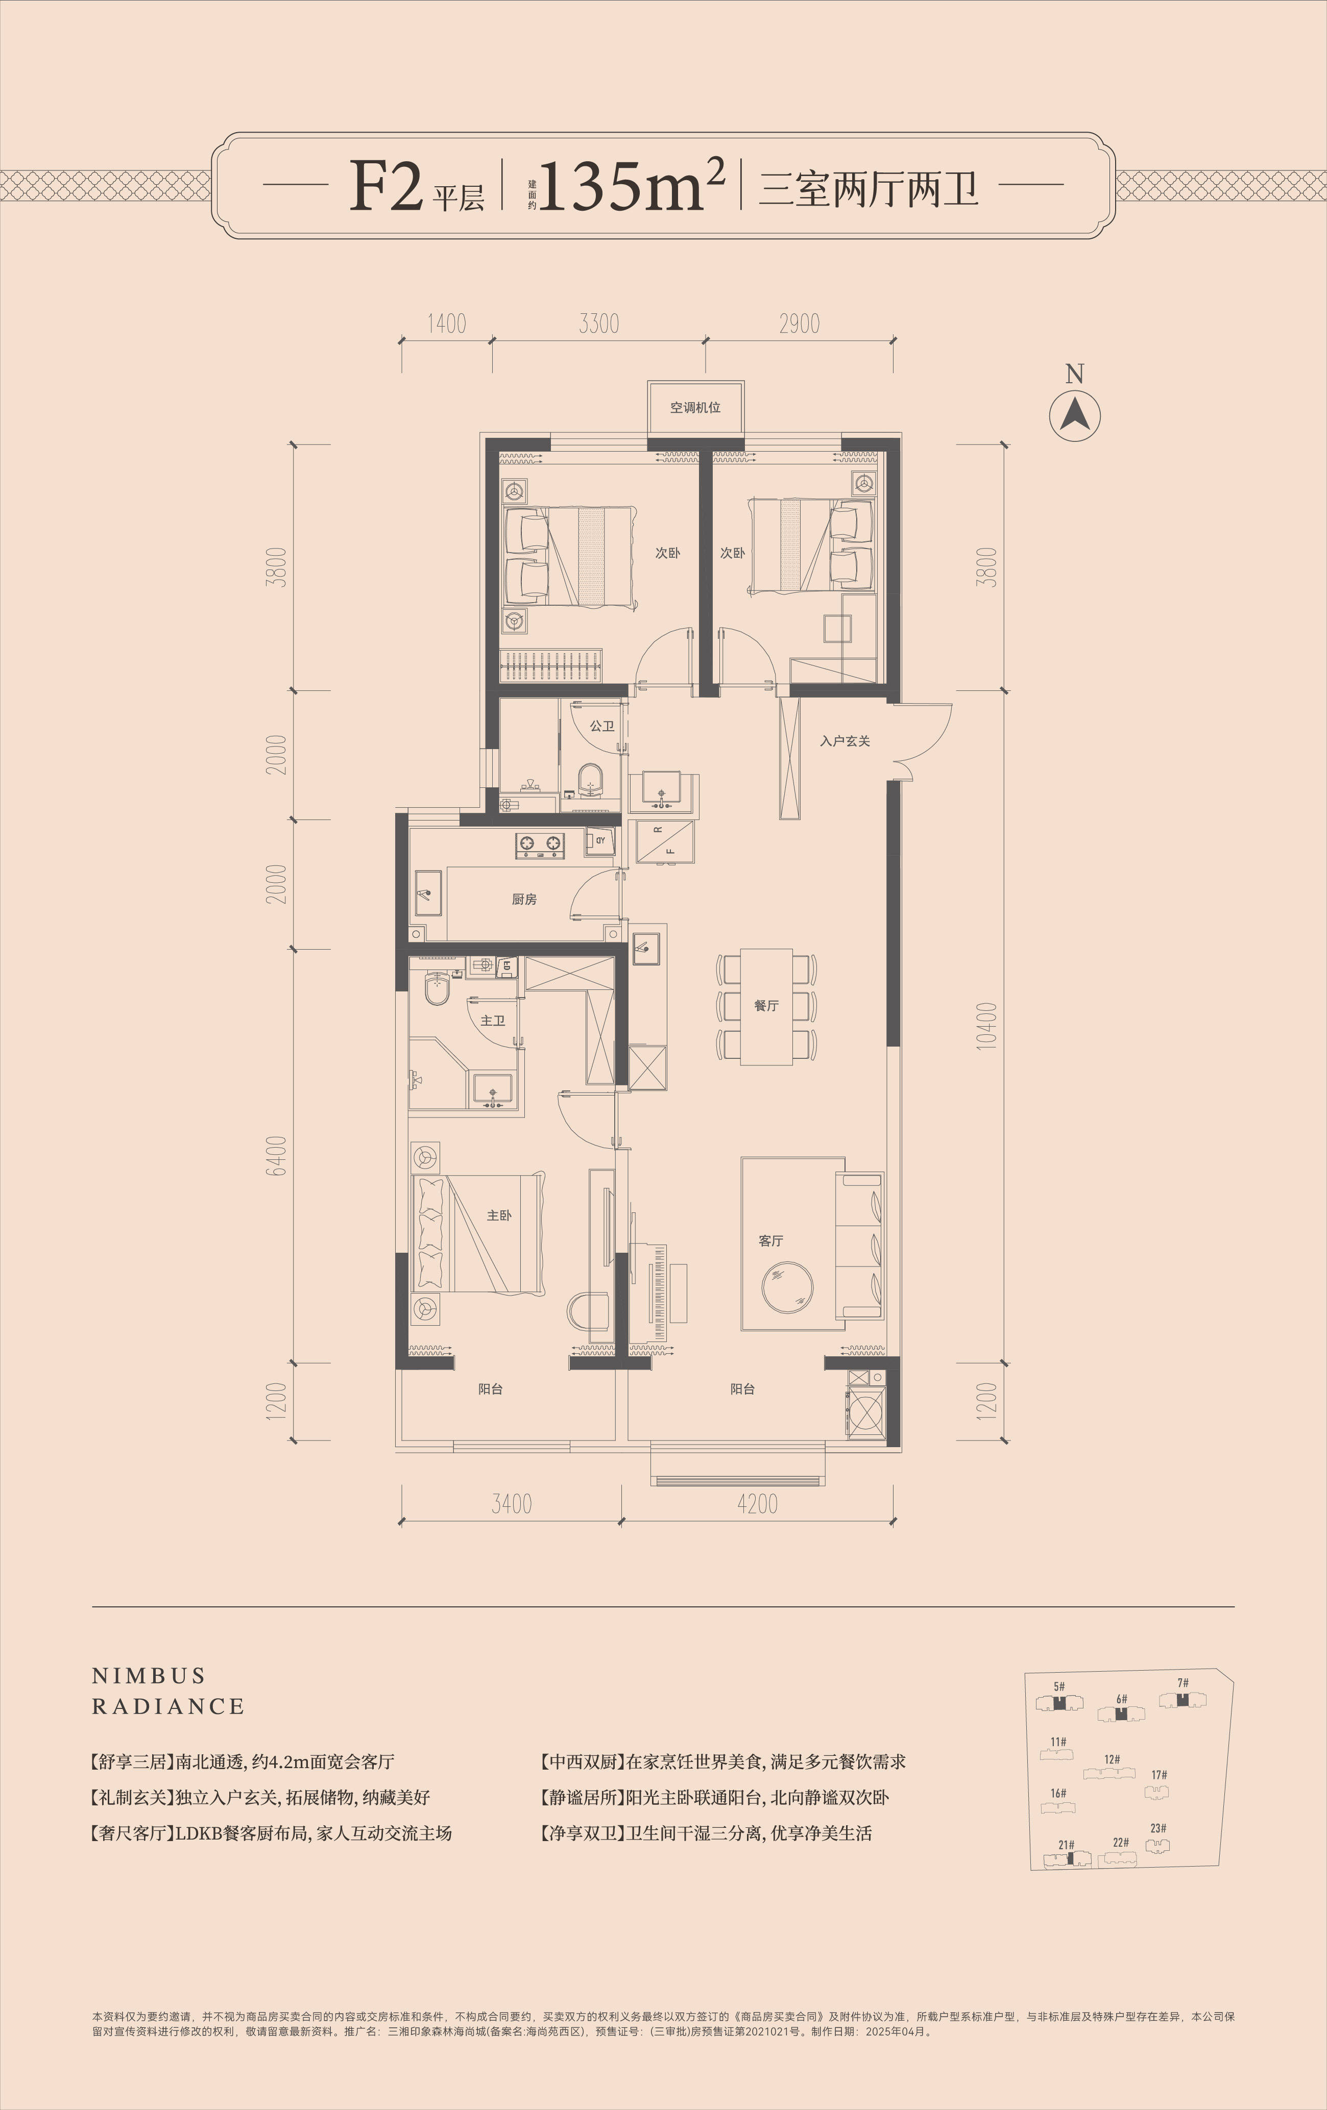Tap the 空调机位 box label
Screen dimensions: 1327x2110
pyautogui.click(x=695, y=407)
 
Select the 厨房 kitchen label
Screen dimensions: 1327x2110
pyautogui.click(x=524, y=899)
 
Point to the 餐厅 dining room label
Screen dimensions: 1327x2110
pyautogui.click(x=766, y=1006)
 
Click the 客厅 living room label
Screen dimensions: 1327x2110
pyautogui.click(x=771, y=1241)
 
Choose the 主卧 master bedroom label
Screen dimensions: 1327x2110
pyautogui.click(x=499, y=1215)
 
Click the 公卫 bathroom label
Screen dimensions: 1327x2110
pyautogui.click(x=602, y=727)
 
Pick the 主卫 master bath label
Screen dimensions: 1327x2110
pyautogui.click(x=493, y=1021)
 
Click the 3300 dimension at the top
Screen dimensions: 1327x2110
pyautogui.click(x=598, y=324)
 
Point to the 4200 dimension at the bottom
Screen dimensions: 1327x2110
pyautogui.click(x=757, y=1504)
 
